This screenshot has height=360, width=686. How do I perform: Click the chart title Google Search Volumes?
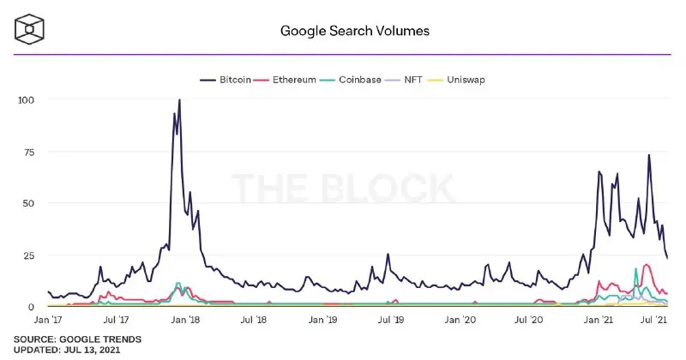tap(355, 31)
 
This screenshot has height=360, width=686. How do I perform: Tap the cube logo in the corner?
tap(29, 29)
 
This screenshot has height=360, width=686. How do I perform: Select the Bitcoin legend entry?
tap(226, 80)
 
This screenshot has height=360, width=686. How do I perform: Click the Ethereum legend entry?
tap(285, 80)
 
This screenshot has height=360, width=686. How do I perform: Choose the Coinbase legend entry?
tap(351, 80)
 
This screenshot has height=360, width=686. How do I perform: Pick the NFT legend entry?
tap(403, 80)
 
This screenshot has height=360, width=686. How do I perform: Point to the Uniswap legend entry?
tap(456, 80)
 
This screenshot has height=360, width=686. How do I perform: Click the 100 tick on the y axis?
tap(26, 99)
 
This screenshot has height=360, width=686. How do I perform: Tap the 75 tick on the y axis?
tap(29, 153)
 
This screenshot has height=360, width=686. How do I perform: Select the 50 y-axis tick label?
tap(28, 203)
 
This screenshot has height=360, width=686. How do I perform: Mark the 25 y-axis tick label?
tap(28, 255)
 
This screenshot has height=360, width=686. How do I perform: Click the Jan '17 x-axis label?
tap(48, 320)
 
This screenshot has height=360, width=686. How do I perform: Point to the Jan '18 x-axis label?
tap(185, 320)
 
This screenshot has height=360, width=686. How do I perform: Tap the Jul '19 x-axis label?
tap(391, 320)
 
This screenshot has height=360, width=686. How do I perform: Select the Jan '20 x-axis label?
tap(460, 320)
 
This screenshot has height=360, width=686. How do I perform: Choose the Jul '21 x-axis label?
tap(653, 320)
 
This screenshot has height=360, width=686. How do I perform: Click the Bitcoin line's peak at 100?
tap(179, 100)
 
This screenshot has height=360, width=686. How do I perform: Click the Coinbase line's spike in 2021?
tap(635, 269)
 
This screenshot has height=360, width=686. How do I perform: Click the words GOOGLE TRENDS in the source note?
tap(100, 339)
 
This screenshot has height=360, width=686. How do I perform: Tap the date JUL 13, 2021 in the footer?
tap(92, 350)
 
